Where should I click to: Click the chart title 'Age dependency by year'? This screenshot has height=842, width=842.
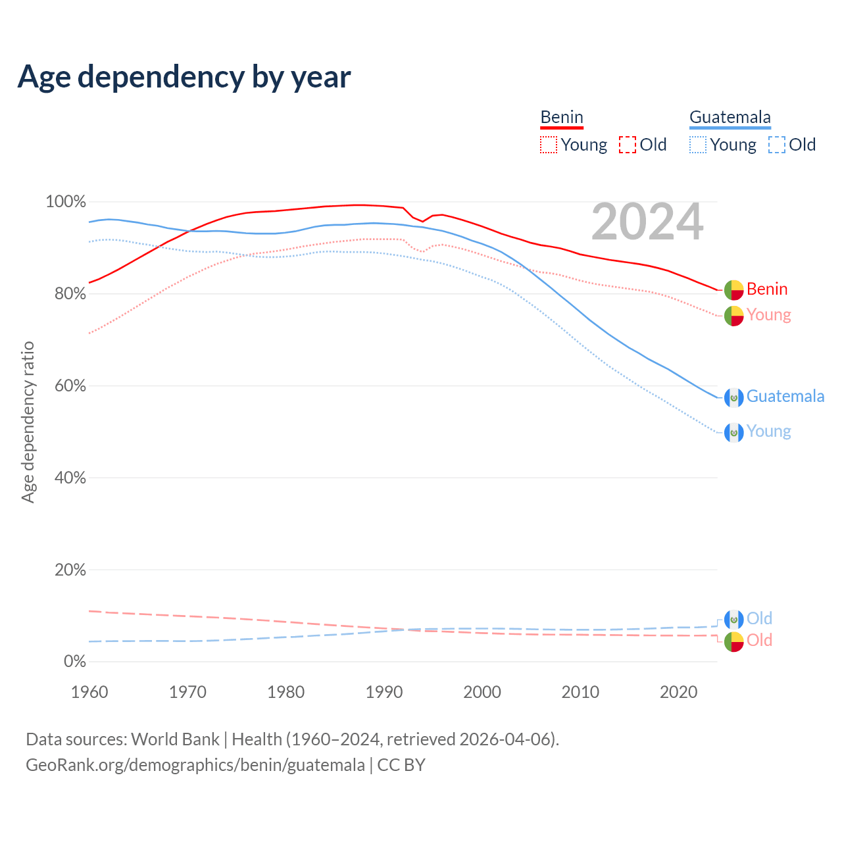[x=184, y=77]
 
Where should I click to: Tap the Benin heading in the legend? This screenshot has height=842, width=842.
[x=562, y=117]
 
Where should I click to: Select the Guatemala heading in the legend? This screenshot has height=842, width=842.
[x=730, y=117]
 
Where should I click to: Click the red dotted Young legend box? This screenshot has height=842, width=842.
[x=549, y=145]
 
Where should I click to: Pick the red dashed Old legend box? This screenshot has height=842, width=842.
[x=628, y=145]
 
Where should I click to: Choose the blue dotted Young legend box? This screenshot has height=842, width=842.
[x=698, y=145]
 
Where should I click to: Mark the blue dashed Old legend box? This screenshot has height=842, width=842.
[x=777, y=145]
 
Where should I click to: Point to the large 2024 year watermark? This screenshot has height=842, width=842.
[x=647, y=222]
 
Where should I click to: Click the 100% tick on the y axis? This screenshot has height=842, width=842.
[x=66, y=202]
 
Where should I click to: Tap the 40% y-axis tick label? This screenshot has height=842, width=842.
[x=70, y=478]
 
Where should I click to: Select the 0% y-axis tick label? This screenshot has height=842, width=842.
[x=75, y=662]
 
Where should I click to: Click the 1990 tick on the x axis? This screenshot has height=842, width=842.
[x=384, y=692]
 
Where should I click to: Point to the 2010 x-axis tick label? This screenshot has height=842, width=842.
[x=580, y=692]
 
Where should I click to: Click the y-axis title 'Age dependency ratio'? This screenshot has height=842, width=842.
[x=28, y=422]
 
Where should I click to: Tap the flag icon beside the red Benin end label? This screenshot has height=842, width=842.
[x=734, y=289]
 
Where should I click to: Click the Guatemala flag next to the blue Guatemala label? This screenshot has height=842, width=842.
[x=734, y=397]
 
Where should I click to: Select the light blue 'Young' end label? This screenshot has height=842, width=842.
[x=768, y=432]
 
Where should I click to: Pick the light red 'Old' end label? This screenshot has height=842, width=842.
[x=759, y=640]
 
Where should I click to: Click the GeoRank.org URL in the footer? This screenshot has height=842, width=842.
[x=195, y=765]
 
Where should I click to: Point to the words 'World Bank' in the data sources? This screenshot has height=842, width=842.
[x=175, y=739]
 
